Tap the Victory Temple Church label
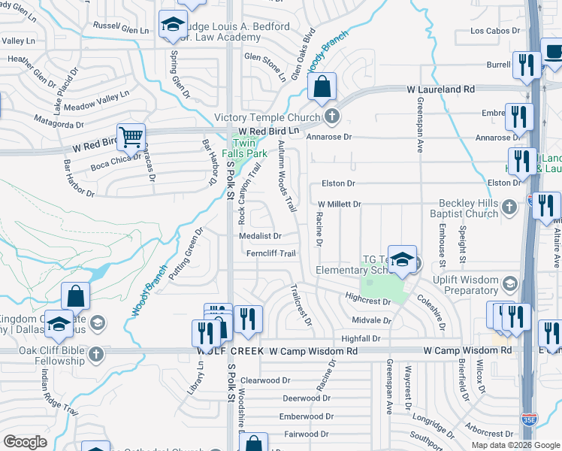[267, 117]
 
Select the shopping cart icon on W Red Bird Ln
[131, 137]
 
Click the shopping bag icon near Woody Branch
[322, 86]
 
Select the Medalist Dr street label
[260, 235]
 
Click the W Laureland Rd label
[441, 89]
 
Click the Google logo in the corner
[25, 442]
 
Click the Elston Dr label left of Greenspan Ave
[337, 183]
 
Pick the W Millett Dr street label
[340, 204]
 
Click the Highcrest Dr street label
[368, 301]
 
